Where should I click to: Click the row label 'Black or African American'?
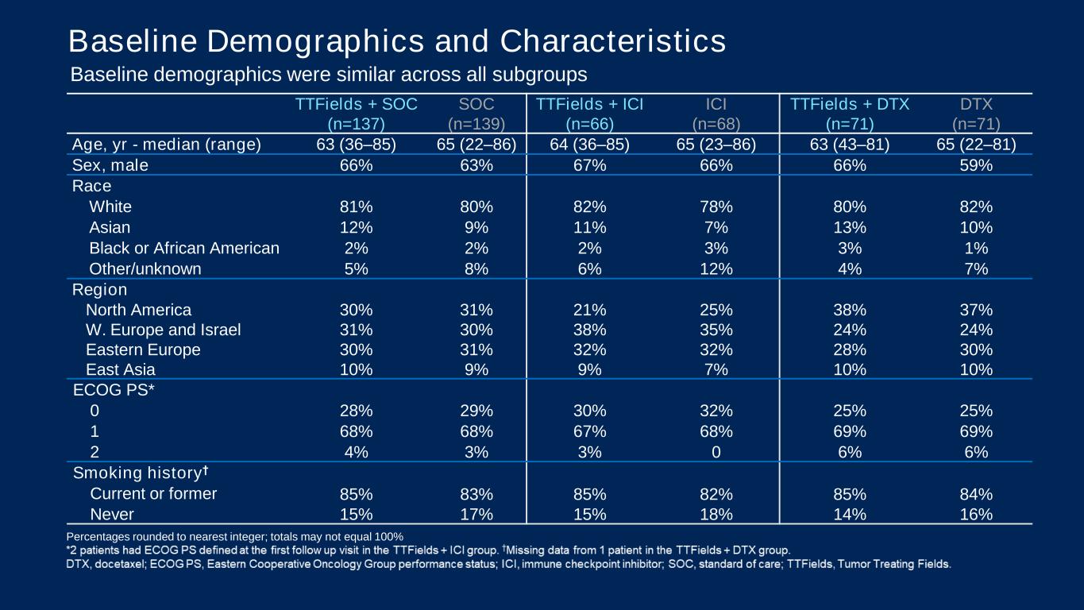pos(184,248)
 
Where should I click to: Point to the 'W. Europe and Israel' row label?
pos(163,330)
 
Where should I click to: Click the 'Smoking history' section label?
pos(141,473)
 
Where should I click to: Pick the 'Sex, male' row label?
pos(110,165)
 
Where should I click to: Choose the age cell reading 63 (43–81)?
pos(849,145)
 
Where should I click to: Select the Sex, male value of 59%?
pos(975,165)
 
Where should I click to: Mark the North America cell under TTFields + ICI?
pos(589,310)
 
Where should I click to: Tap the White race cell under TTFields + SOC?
pos(356,207)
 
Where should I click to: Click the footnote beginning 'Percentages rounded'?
pos(234,536)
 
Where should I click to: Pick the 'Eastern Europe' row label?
pos(143,349)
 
